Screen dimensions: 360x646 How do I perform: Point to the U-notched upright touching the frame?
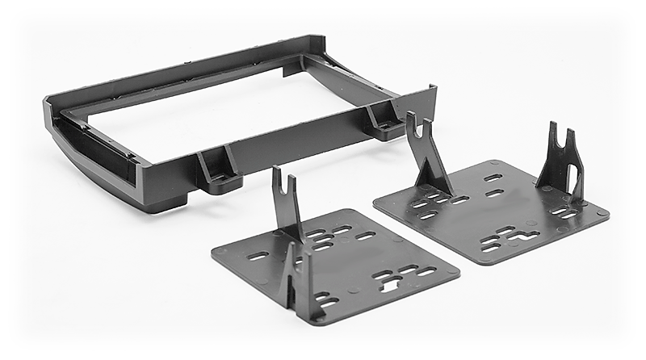click(426, 153)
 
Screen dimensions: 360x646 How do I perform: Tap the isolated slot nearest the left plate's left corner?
click(258, 256)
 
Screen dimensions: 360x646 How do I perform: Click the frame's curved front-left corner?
click(61, 149)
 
